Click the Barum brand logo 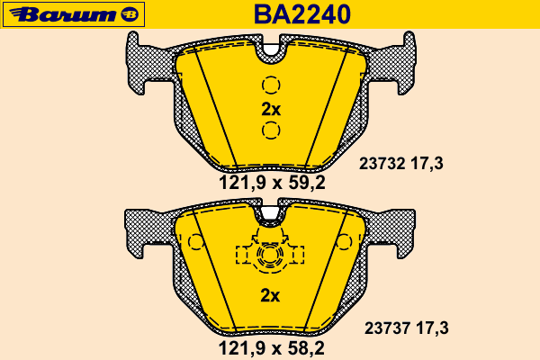coord(74,14)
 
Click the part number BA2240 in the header coord(302,14)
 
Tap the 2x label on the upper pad coord(271,110)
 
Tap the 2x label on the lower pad coord(270,295)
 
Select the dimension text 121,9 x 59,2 coord(272,183)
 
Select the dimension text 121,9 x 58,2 coord(272,348)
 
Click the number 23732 coord(382,163)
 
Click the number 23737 coord(387,328)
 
